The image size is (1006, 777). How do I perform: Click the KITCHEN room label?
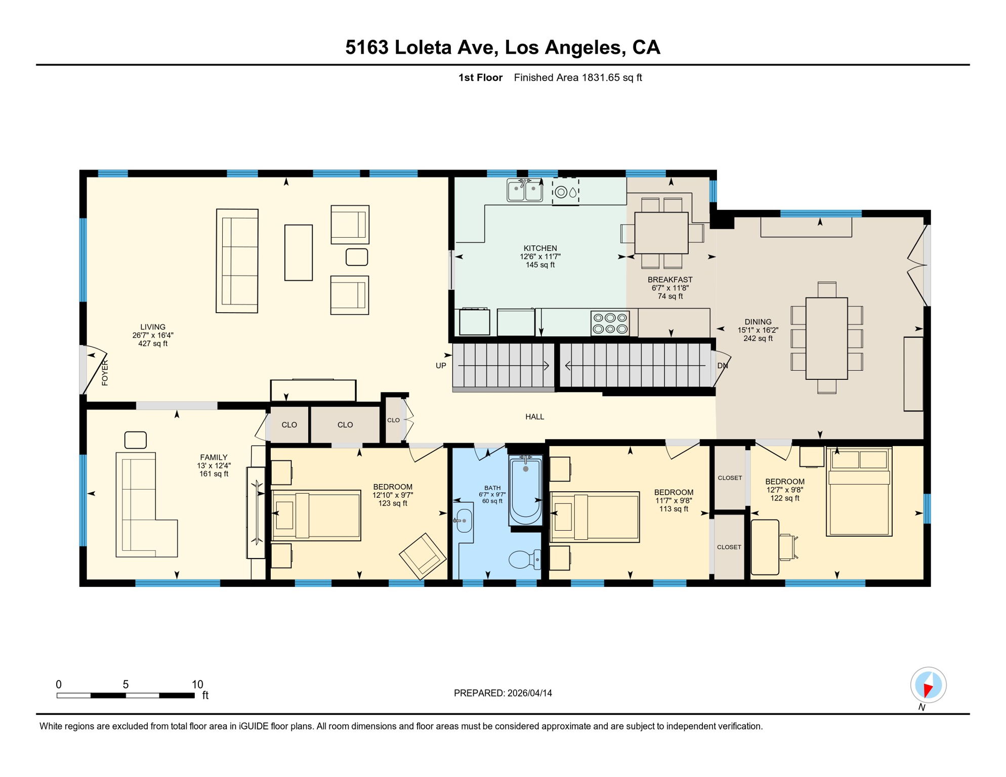click(540, 248)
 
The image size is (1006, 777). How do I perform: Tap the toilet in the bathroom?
click(524, 559)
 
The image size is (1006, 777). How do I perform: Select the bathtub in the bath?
click(525, 490)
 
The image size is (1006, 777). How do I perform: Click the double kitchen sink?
click(525, 190)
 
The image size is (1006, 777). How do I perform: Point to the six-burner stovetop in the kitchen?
click(610, 323)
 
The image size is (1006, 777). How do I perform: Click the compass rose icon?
click(928, 685)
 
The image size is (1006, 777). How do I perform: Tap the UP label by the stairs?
click(441, 366)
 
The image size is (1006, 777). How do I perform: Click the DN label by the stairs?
click(722, 366)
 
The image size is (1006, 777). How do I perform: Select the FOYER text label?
click(105, 373)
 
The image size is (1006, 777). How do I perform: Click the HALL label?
click(534, 417)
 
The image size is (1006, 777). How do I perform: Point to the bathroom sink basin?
click(464, 521)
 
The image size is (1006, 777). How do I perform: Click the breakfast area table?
click(661, 233)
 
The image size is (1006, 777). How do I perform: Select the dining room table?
click(826, 338)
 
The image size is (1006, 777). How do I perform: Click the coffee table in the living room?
click(299, 252)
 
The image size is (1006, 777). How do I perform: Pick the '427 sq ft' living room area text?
click(153, 343)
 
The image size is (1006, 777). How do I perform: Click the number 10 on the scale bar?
click(197, 684)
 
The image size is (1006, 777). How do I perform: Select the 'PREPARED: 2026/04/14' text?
click(502, 693)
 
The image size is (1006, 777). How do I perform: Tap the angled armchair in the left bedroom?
click(423, 556)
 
